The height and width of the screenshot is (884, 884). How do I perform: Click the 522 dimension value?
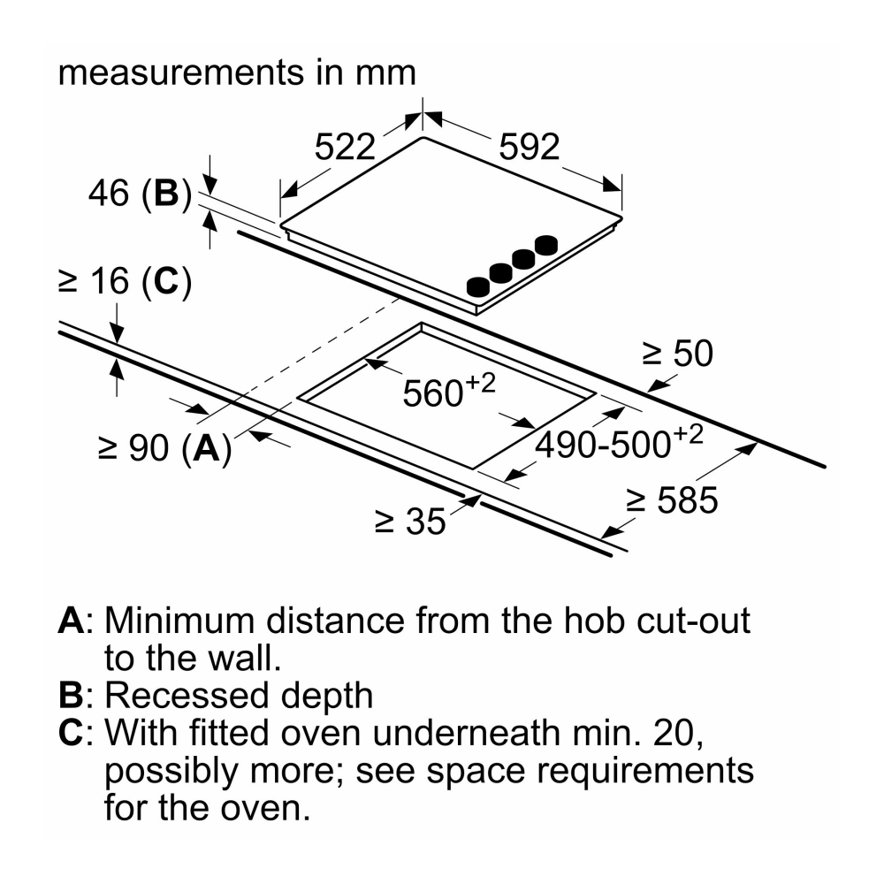click(x=346, y=146)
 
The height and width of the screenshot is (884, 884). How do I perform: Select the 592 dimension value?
click(x=530, y=146)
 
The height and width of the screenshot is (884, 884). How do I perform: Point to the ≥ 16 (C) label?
click(x=125, y=281)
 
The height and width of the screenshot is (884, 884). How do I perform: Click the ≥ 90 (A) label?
click(x=164, y=448)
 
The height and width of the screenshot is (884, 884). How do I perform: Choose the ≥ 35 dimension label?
click(x=410, y=522)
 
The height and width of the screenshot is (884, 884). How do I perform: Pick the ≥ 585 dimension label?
click(x=672, y=501)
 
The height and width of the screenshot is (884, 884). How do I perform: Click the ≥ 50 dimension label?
click(x=677, y=354)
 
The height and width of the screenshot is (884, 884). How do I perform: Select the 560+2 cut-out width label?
click(x=446, y=391)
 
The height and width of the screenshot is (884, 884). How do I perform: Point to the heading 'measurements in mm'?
click(x=237, y=72)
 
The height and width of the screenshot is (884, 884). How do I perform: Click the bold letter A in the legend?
click(x=71, y=621)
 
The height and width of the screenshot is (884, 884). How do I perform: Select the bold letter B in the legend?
click(x=71, y=696)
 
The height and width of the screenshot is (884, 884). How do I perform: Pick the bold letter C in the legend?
click(x=71, y=733)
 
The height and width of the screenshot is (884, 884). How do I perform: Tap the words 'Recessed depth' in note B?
click(x=240, y=697)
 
